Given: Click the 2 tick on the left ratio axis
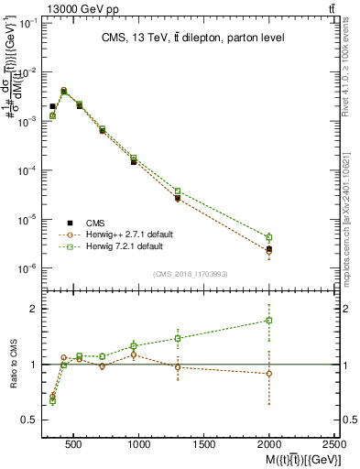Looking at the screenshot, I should [x=30, y=309].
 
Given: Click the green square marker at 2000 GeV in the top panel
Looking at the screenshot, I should [x=268, y=237].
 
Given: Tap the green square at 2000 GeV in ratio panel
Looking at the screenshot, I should [x=268, y=321].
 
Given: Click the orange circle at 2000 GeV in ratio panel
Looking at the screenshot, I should [x=268, y=374].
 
